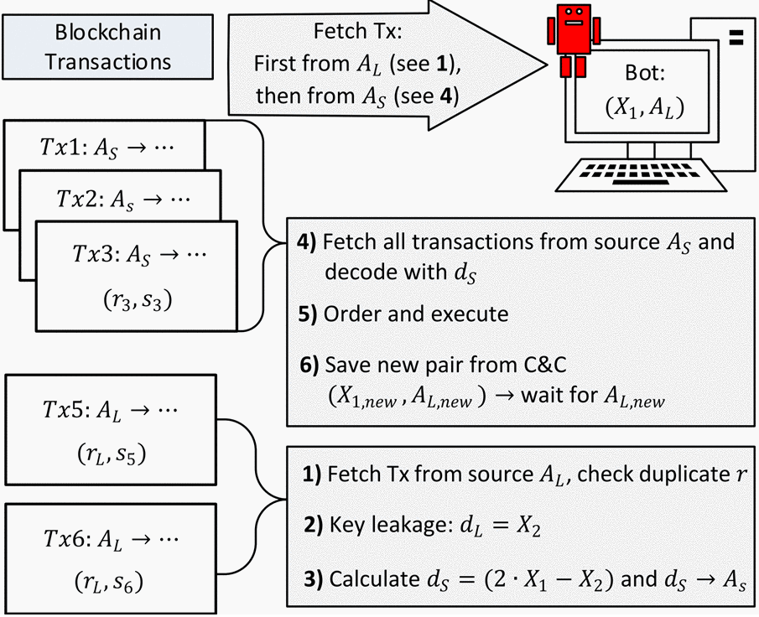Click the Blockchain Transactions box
(x=107, y=47)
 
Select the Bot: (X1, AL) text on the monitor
(x=645, y=91)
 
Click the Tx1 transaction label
(x=107, y=147)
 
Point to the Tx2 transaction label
(x=123, y=199)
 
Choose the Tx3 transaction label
(x=139, y=254)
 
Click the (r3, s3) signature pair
(x=138, y=301)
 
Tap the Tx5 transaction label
(x=111, y=411)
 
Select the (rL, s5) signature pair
(x=112, y=454)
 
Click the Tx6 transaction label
(x=111, y=539)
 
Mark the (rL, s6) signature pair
(x=109, y=582)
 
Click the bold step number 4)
(x=306, y=241)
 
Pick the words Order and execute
(x=416, y=314)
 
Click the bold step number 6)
(x=309, y=365)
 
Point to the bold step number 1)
(x=312, y=474)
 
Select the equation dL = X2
(x=500, y=526)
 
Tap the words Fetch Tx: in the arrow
(x=358, y=32)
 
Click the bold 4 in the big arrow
(x=446, y=96)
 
